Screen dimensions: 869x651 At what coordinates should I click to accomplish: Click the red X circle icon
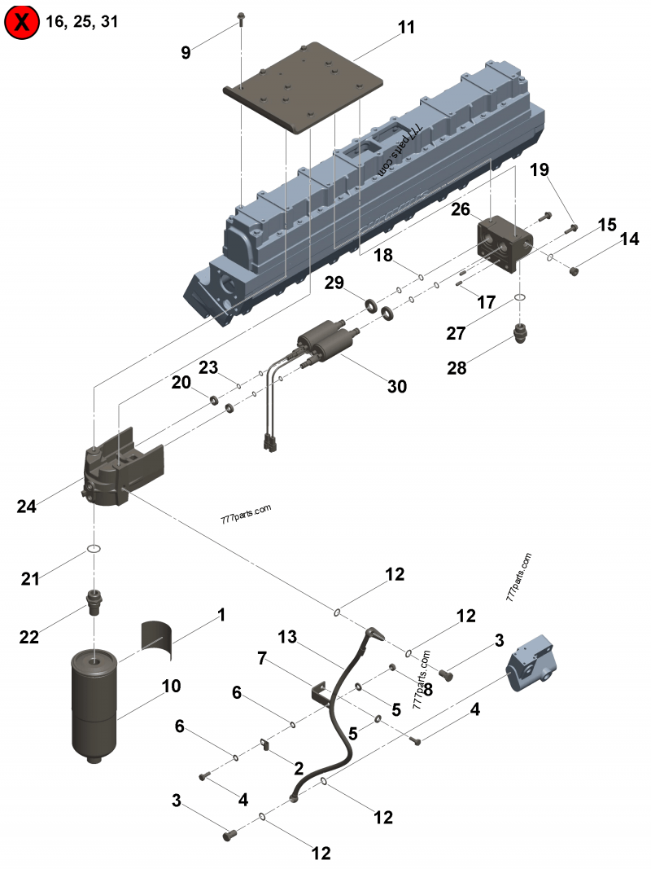(x=23, y=23)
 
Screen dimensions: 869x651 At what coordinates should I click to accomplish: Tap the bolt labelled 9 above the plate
(x=242, y=17)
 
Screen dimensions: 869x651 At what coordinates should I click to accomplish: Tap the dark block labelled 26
(x=504, y=243)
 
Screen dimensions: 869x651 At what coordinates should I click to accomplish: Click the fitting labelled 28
(x=521, y=331)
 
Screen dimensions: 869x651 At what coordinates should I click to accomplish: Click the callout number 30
(x=396, y=386)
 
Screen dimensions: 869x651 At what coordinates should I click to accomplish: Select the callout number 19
(x=540, y=169)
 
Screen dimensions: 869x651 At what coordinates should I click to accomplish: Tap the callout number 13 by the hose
(x=286, y=635)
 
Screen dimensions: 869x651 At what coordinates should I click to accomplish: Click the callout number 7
(x=262, y=658)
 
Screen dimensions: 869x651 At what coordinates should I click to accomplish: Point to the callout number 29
(x=334, y=283)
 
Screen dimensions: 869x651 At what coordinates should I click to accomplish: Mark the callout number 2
(x=299, y=767)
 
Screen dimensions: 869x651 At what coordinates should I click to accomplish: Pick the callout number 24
(x=27, y=506)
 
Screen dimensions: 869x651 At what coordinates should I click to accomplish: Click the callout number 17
(x=486, y=302)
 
